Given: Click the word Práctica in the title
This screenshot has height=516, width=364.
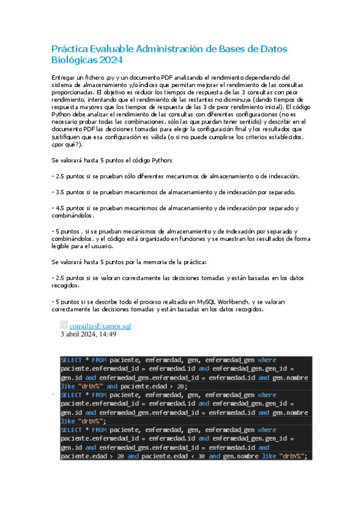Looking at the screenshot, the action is point(69,49).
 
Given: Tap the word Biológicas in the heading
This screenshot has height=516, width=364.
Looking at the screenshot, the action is point(74,60).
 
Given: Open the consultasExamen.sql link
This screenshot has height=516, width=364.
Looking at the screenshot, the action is point(100,326).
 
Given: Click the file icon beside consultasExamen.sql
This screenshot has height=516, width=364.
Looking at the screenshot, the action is point(64,325).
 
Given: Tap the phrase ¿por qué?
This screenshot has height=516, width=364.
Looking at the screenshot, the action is point(66,144).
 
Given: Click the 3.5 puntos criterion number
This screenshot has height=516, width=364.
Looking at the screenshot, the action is point(61,192).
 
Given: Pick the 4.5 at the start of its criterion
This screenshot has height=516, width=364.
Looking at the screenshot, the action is point(61,208).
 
